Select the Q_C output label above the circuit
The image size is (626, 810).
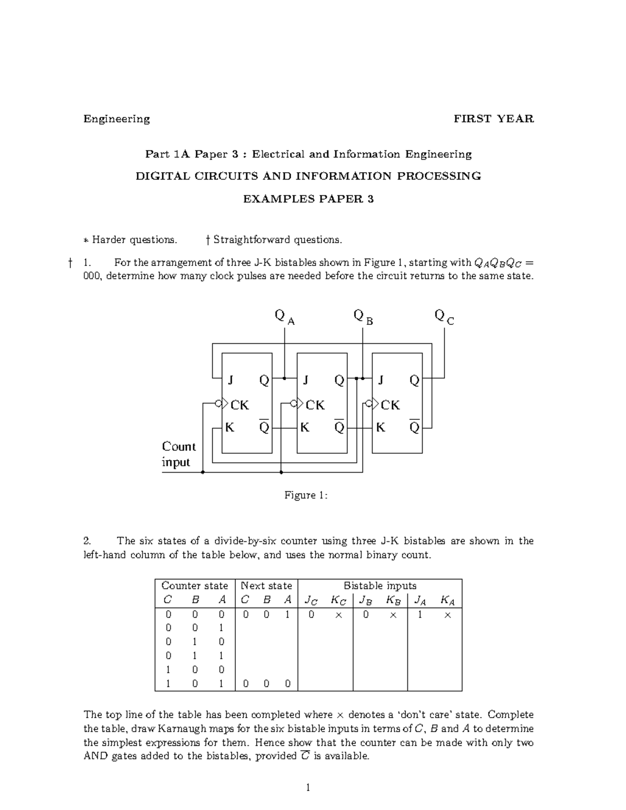(444, 316)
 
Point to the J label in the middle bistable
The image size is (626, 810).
(306, 380)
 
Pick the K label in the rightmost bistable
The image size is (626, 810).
(380, 428)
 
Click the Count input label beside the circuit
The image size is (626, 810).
(178, 454)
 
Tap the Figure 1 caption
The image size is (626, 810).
(306, 495)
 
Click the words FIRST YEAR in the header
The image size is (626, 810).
(493, 119)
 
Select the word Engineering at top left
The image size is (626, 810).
(117, 119)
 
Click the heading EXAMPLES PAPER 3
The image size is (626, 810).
(308, 199)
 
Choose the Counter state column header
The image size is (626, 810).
(195, 586)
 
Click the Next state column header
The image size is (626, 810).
(266, 586)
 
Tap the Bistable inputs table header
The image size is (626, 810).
(380, 586)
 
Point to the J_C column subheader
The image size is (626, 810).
(311, 600)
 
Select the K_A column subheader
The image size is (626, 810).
(448, 600)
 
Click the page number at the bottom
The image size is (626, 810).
(308, 788)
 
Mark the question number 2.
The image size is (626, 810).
(87, 541)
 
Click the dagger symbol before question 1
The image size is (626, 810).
(69, 263)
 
